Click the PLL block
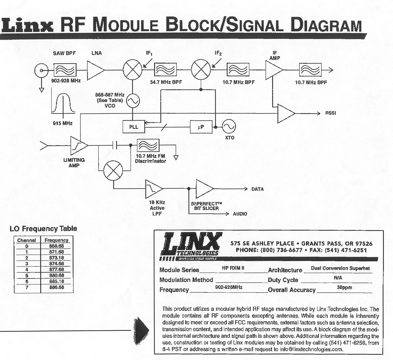(x=134, y=127)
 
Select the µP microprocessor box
(x=201, y=127)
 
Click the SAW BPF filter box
(x=65, y=70)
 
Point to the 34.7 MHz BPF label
(x=166, y=82)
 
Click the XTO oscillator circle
(x=229, y=127)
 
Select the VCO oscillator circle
(x=133, y=101)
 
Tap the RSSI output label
(x=331, y=113)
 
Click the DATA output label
(x=257, y=189)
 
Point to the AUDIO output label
(x=240, y=214)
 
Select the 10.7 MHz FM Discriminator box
(x=148, y=145)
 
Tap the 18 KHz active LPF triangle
(x=153, y=188)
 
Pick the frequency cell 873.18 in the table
(x=57, y=258)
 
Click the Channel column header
(x=27, y=240)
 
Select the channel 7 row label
(x=27, y=287)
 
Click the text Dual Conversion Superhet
(x=340, y=268)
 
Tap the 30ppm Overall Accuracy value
(x=344, y=287)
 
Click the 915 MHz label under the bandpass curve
(x=63, y=123)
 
